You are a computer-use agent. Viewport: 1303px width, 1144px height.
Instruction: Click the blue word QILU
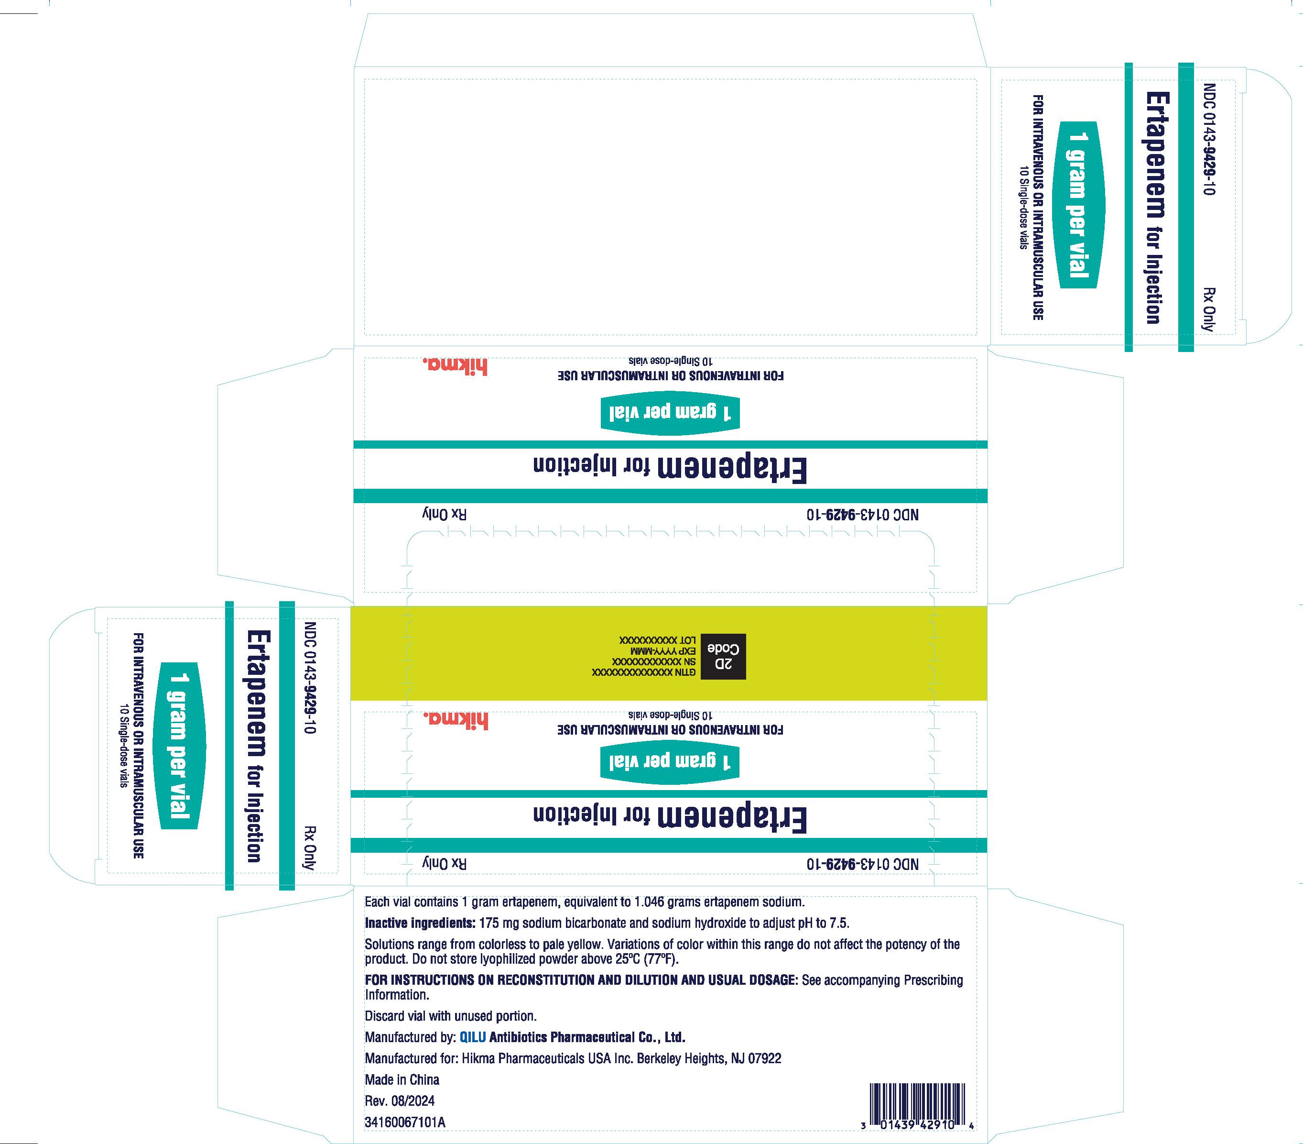tap(472, 1037)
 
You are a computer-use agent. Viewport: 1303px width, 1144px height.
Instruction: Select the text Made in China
tap(402, 1079)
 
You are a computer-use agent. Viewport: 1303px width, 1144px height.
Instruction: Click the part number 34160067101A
tap(405, 1122)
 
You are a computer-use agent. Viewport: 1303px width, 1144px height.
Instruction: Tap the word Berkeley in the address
tap(657, 1058)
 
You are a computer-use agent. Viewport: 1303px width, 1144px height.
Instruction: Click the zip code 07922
tap(764, 1058)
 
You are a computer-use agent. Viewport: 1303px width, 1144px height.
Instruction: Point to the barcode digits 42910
tap(935, 1125)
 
